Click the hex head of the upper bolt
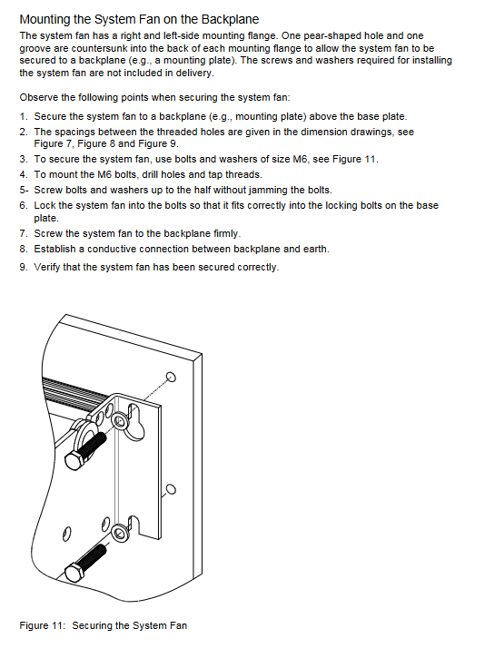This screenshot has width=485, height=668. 74,460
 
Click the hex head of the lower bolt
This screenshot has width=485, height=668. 74,572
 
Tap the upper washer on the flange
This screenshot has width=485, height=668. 120,421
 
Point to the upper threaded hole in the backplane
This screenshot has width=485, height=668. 172,377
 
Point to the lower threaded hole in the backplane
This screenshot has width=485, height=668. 171,489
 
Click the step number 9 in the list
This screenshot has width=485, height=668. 23,267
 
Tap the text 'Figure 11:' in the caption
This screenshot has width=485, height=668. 43,625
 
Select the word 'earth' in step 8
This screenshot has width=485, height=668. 315,249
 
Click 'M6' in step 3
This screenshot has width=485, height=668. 300,160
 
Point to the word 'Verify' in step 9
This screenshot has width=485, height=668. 47,267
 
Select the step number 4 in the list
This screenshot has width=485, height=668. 23,174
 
